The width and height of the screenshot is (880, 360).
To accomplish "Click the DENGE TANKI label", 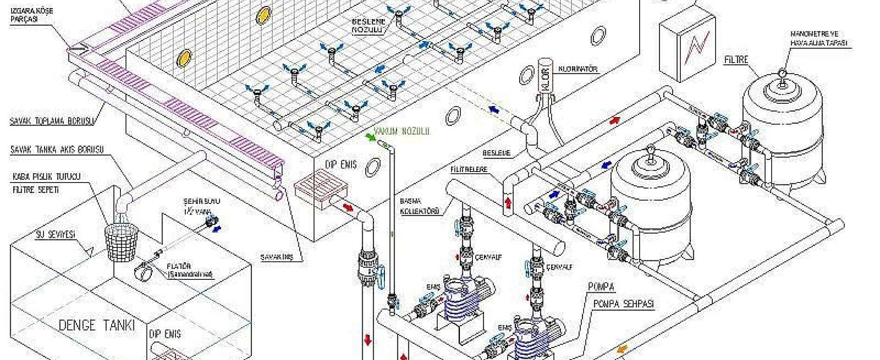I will [x=96, y=325].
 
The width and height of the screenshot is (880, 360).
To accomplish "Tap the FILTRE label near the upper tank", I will [x=736, y=60].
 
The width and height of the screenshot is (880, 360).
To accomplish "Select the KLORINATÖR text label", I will [x=578, y=69].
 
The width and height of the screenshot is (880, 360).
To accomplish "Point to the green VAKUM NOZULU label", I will [x=402, y=132].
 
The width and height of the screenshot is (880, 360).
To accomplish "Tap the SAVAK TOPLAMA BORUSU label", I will [x=52, y=122].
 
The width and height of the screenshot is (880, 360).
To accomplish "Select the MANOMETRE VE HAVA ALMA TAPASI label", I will [x=820, y=38].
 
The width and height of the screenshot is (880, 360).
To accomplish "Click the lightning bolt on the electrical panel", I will [x=696, y=46].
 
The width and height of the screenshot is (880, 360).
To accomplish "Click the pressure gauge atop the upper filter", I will [x=782, y=74].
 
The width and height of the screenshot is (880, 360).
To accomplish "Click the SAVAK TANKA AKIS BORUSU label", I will [x=57, y=150].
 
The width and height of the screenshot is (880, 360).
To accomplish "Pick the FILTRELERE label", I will [x=469, y=170].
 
